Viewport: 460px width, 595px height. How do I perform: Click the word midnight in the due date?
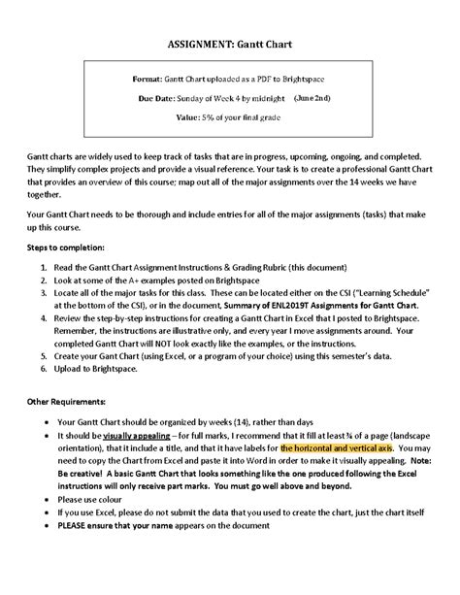click(269, 98)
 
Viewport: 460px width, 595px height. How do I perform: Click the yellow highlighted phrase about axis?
click(336, 450)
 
